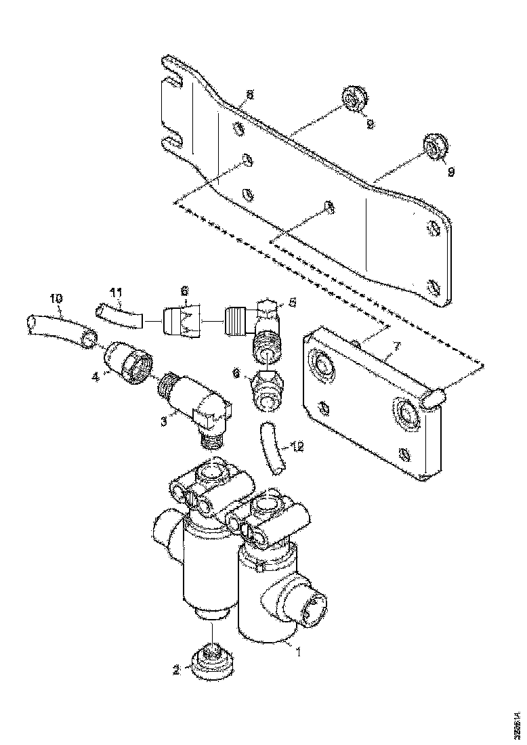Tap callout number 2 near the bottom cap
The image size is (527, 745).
pos(176,670)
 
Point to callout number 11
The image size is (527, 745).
pos(116,293)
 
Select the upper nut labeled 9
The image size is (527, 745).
pos(353,101)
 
